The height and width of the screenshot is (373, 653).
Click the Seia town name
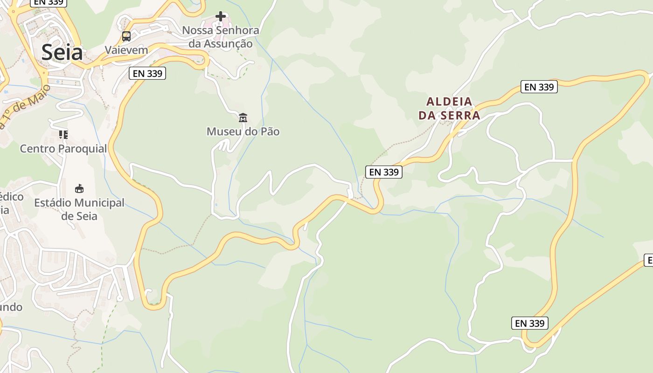tap(62, 52)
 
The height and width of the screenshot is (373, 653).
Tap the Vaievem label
tap(126, 50)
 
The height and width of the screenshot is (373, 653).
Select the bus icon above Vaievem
tap(126, 36)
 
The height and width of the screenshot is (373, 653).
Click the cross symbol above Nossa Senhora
tap(221, 17)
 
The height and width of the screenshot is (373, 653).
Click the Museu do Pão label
tap(243, 131)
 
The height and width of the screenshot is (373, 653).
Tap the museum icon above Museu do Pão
tap(243, 117)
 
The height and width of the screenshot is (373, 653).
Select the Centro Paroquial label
tap(63, 149)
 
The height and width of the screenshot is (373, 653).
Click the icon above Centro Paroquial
tap(63, 135)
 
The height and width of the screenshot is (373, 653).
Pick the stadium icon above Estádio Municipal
tap(79, 189)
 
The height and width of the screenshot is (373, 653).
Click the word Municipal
tap(99, 203)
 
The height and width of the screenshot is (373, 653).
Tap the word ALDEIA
tap(449, 102)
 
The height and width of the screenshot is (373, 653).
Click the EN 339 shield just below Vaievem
tap(147, 73)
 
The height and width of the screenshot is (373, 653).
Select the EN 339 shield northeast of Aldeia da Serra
tap(539, 87)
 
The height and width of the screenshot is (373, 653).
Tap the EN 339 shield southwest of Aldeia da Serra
tap(384, 172)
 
